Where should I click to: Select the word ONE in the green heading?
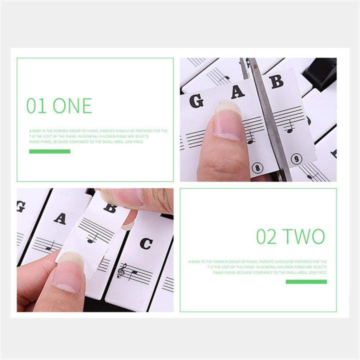pos(72,106)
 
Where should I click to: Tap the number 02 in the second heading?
pos(266,236)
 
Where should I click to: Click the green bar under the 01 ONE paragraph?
pos(49,151)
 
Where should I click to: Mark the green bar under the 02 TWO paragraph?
pos(306,281)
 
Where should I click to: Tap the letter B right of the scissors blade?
pos(276,81)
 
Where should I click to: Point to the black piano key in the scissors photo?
pos(320,72)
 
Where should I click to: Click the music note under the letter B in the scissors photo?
pos(289,129)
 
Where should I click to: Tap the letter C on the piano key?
pos(145,243)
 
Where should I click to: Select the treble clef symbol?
pos(120,271)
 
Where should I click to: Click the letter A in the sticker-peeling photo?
pos(60,218)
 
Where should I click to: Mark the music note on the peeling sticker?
pos(91,238)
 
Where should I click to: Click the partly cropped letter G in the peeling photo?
pos(21,206)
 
